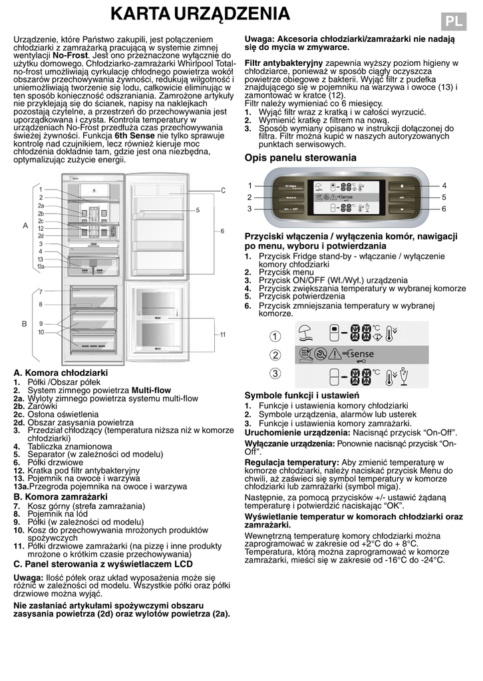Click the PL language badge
tap(454, 21)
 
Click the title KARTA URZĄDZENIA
tap(200, 14)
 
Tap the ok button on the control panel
tap(402, 197)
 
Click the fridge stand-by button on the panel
tap(291, 186)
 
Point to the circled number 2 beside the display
tap(275, 354)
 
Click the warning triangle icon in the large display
tap(340, 354)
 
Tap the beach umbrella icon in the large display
tap(306, 331)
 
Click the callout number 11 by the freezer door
tap(224, 335)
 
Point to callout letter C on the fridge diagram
tap(224, 190)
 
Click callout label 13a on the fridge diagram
tap(41, 267)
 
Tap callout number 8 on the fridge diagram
tap(41, 304)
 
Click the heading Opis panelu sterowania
tap(301, 158)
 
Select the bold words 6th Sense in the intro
tap(136, 135)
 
